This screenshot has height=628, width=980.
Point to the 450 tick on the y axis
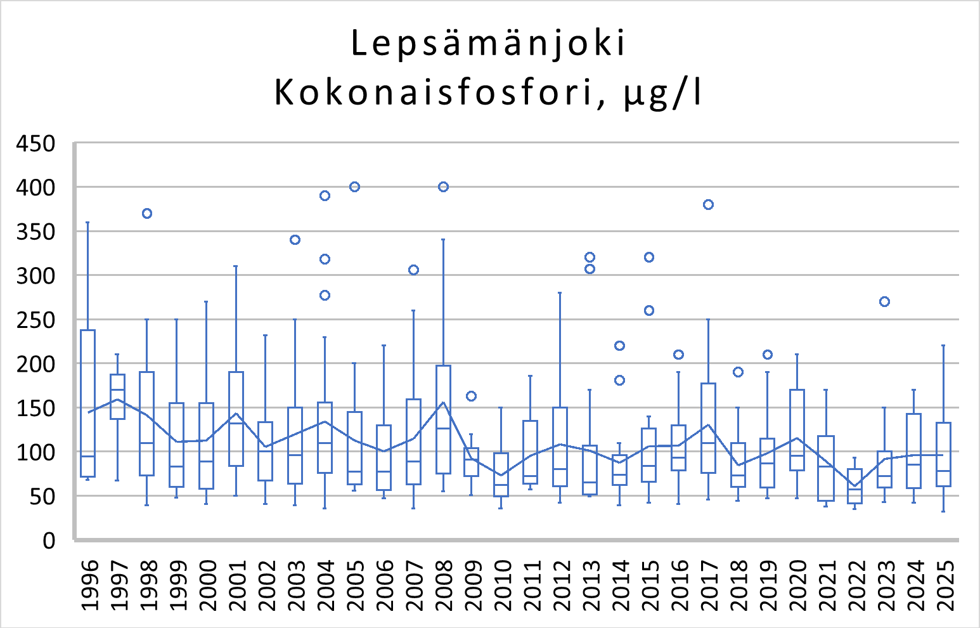point(35,144)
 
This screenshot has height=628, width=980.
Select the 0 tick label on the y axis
point(49,541)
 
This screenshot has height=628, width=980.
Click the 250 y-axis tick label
point(35,320)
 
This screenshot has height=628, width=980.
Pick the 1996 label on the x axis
point(90,585)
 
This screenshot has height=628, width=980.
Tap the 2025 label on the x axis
point(945,585)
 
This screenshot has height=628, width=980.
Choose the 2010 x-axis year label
point(502,585)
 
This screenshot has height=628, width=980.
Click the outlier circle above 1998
point(147,213)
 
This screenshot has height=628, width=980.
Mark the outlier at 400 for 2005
point(354,186)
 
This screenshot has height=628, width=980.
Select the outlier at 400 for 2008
point(443,186)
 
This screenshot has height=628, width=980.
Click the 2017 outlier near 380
point(708,204)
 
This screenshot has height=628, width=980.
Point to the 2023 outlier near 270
point(884,301)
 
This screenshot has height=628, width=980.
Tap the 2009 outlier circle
point(471,396)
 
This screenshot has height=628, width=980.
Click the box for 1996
point(87,403)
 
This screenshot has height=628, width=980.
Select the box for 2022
point(854,486)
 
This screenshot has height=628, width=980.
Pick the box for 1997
point(117,396)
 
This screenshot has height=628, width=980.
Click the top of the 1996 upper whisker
point(87,223)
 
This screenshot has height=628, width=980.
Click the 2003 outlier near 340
point(295,239)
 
